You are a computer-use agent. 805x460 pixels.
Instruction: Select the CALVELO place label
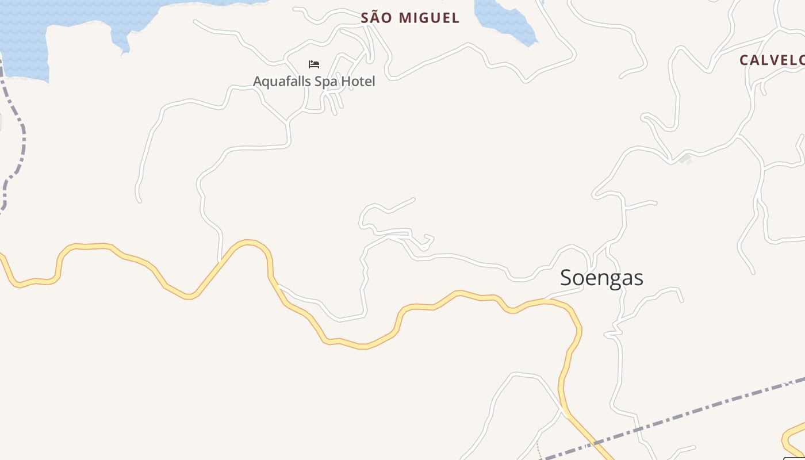click(x=771, y=60)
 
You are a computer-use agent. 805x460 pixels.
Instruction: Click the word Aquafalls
click(x=279, y=81)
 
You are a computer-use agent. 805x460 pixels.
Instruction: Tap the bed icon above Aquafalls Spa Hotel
click(x=314, y=64)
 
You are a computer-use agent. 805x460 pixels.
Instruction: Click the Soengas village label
click(x=601, y=278)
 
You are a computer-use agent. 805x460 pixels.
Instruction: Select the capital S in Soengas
click(x=566, y=278)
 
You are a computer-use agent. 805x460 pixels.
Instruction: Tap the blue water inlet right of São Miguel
click(x=506, y=20)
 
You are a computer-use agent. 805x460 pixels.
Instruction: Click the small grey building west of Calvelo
click(x=685, y=158)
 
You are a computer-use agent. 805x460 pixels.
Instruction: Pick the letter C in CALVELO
click(x=744, y=60)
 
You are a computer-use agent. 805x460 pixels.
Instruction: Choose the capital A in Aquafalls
click(x=258, y=81)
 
